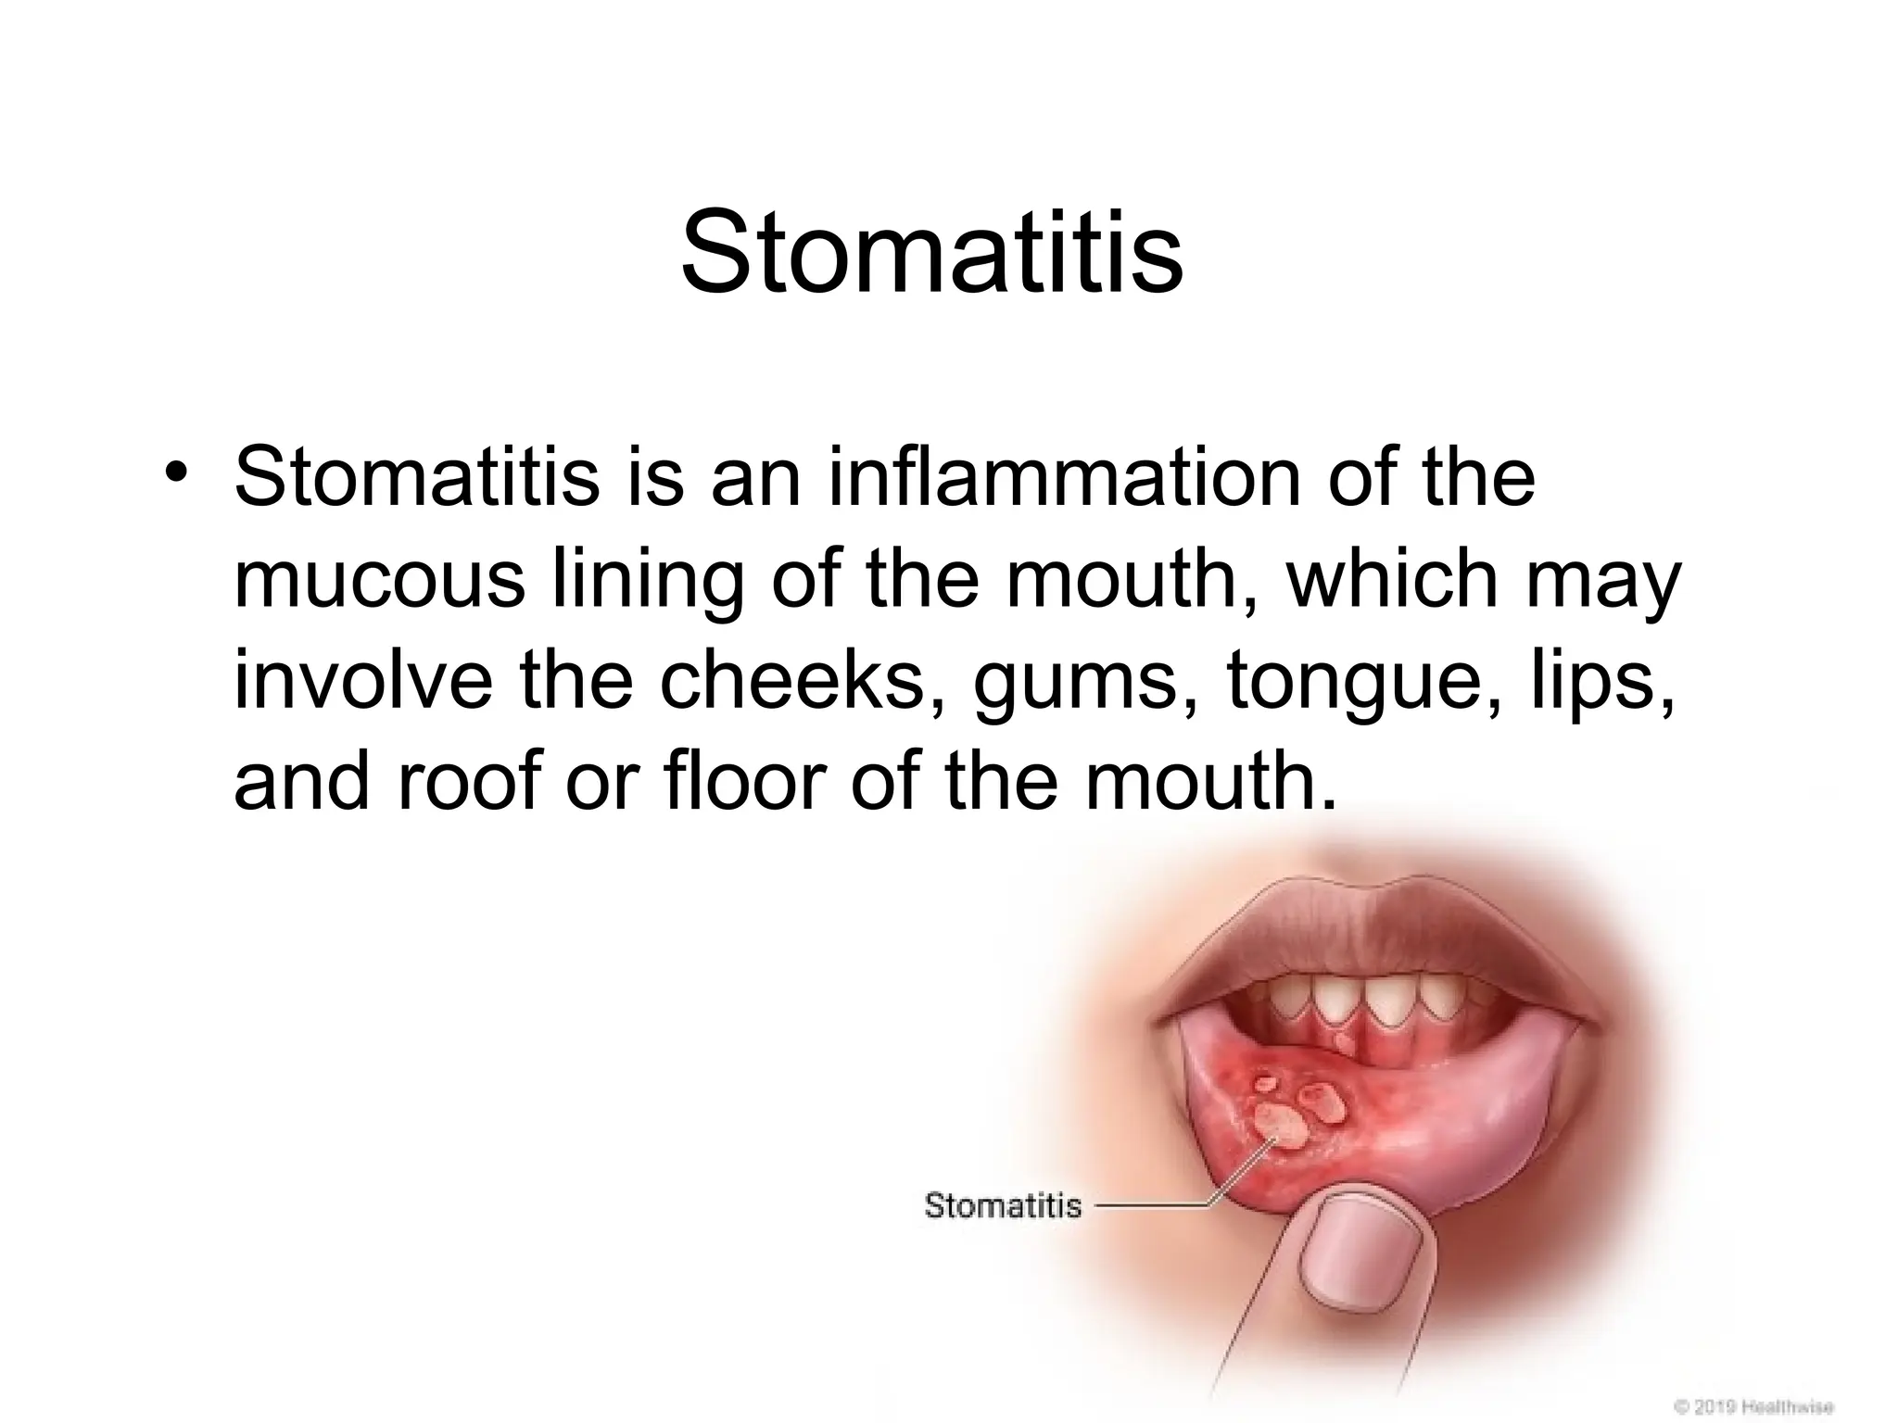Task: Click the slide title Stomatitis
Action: point(931,252)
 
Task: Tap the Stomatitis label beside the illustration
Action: point(1003,1205)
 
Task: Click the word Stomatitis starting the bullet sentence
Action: point(417,479)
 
